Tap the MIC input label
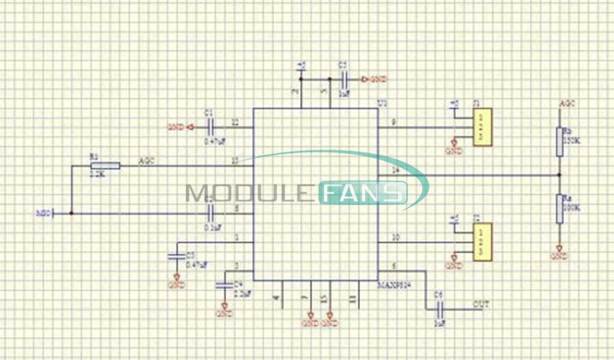(42, 213)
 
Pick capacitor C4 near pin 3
(225, 286)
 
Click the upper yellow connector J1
(483, 127)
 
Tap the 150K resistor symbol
(559, 143)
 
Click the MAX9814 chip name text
(396, 286)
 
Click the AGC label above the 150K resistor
(567, 104)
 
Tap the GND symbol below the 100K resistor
(559, 254)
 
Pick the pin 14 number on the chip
(395, 170)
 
